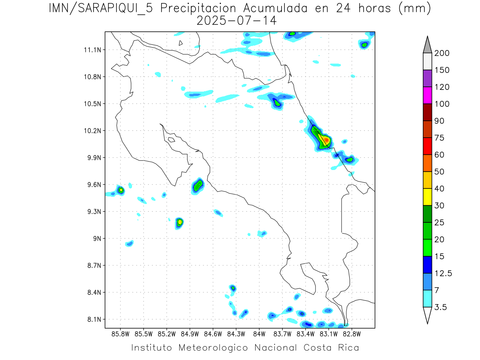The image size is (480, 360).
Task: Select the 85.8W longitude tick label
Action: (120, 334)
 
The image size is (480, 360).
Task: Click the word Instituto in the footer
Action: (152, 348)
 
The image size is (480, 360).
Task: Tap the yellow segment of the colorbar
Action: (427, 197)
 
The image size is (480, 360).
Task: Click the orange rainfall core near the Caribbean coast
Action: (326, 140)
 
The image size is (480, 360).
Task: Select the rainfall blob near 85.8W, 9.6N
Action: (120, 190)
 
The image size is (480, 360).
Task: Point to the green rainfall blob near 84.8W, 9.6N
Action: (198, 185)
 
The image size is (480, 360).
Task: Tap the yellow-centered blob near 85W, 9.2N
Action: (180, 222)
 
